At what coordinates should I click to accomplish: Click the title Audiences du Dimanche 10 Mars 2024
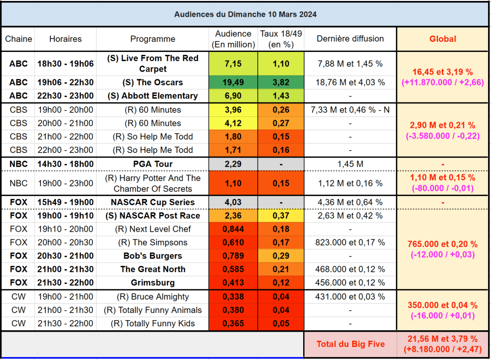245,14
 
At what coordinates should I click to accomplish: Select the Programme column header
152,39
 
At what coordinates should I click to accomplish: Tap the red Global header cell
443,39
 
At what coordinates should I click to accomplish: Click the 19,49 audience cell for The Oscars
233,82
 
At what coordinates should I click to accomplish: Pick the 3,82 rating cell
281,82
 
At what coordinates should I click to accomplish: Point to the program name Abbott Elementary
152,96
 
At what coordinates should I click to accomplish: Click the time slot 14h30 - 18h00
65,164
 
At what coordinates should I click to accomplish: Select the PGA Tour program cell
152,164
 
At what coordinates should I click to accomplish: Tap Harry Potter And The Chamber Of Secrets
152,183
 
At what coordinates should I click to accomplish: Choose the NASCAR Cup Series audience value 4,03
233,202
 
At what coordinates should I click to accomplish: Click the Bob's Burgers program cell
152,256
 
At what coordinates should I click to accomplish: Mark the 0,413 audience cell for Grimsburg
233,283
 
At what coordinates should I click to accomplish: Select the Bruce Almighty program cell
152,297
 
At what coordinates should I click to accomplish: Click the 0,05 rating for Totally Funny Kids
281,323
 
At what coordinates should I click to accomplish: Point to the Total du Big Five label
351,344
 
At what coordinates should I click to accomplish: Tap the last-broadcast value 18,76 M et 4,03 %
350,82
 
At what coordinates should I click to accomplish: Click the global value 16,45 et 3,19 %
443,72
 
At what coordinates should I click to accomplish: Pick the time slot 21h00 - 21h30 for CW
65,310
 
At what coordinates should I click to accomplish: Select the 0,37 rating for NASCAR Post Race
281,216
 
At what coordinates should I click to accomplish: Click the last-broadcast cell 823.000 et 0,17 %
350,242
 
